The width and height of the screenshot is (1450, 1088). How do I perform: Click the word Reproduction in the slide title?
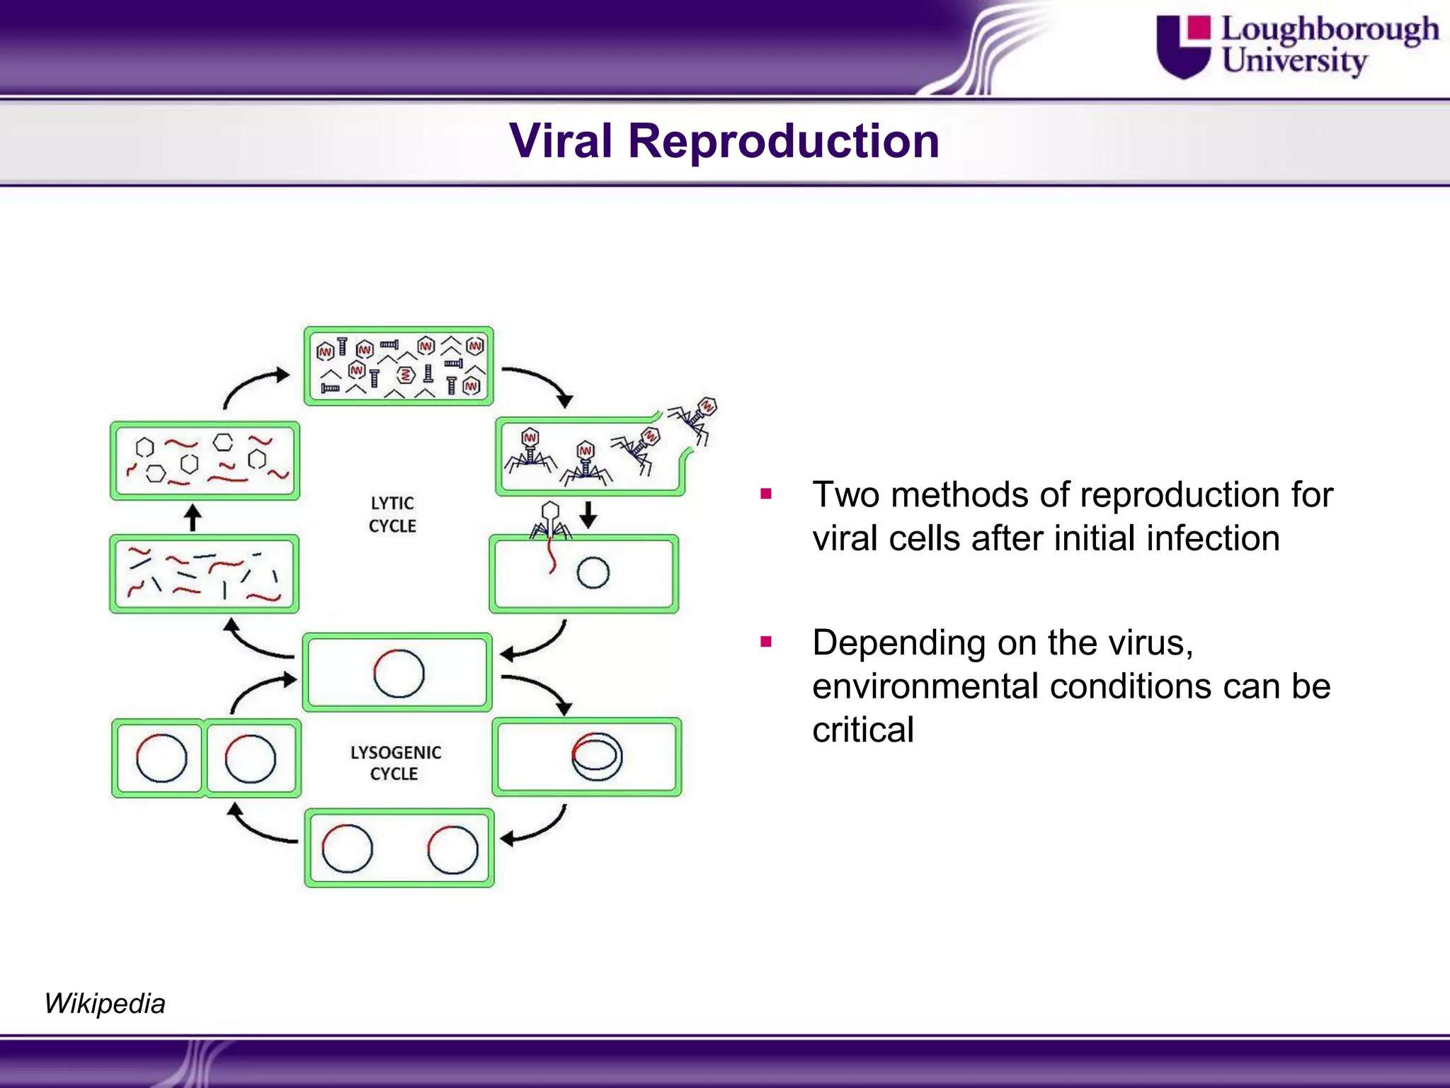[783, 141]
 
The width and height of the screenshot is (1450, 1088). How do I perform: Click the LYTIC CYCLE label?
[392, 514]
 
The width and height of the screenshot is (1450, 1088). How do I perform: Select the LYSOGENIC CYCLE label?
[395, 763]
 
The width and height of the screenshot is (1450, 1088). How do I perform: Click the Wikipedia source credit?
[105, 1004]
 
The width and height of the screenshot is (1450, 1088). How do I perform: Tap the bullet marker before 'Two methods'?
[765, 494]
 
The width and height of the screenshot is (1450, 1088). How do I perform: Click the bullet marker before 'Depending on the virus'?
[765, 642]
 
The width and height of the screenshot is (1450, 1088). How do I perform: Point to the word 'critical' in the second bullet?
[862, 730]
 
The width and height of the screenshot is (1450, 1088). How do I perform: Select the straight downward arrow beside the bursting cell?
[588, 514]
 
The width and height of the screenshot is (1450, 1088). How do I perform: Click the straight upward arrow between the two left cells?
[193, 517]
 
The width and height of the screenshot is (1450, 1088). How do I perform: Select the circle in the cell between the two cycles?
[399, 673]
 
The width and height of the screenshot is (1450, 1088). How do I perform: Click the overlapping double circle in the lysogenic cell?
[597, 756]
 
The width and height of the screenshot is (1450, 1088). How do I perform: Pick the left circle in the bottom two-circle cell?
[347, 848]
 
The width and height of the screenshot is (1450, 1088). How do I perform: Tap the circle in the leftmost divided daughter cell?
[161, 758]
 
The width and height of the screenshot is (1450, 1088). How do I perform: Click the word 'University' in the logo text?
[1294, 60]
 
